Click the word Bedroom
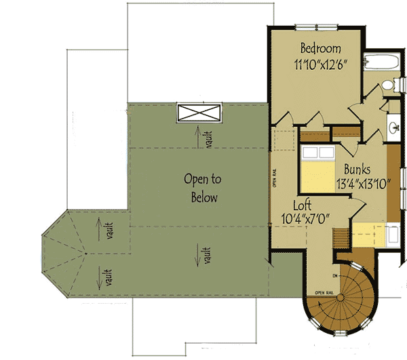[320, 49]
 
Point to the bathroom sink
[394, 127]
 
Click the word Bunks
[357, 169]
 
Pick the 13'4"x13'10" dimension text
[360, 184]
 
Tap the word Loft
[303, 204]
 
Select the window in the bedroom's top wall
[319, 26]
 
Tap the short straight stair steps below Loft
[338, 237]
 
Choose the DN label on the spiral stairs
[335, 276]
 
